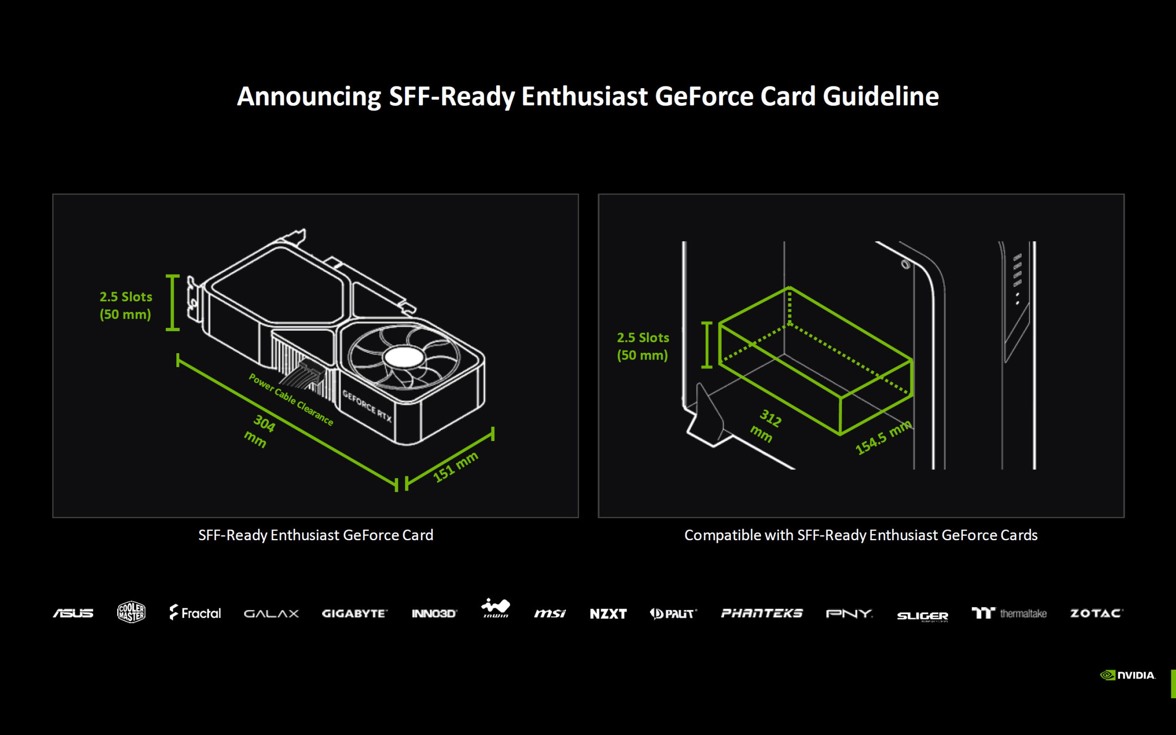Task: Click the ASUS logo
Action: point(73,613)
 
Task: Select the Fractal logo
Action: point(195,612)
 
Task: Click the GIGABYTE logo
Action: point(354,613)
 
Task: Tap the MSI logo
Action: point(549,613)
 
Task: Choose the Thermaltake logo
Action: point(1009,613)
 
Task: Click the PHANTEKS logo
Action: point(762,613)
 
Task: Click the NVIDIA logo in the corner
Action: point(1127,675)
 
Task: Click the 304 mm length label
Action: point(260,431)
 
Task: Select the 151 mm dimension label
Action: point(455,467)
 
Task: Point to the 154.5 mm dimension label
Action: point(883,438)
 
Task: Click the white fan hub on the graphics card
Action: point(404,358)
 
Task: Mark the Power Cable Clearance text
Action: point(291,400)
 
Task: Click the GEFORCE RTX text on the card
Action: point(367,406)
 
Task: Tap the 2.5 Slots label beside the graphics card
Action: point(126,297)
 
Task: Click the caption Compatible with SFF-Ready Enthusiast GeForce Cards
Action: point(860,535)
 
